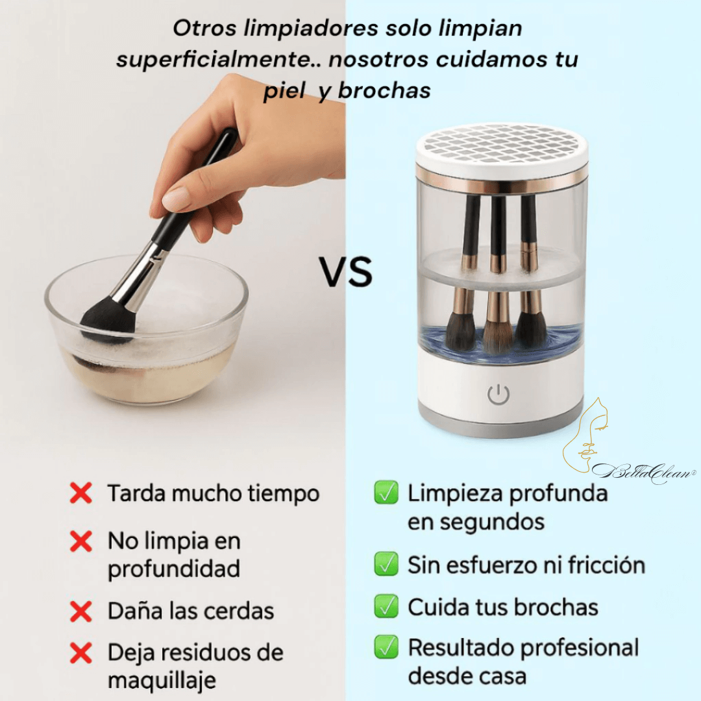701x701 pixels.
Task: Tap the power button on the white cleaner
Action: pyautogui.click(x=498, y=395)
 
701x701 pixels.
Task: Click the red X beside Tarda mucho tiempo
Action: pyautogui.click(x=81, y=493)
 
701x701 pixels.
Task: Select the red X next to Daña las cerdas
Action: pyautogui.click(x=81, y=611)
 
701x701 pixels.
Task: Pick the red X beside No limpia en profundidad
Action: pyautogui.click(x=81, y=541)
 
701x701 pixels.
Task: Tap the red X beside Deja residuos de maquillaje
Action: pyautogui.click(x=81, y=654)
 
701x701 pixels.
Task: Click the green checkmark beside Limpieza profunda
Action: pyautogui.click(x=386, y=494)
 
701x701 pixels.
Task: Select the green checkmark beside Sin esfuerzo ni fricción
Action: pyautogui.click(x=386, y=565)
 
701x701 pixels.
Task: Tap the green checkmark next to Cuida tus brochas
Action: pyautogui.click(x=386, y=607)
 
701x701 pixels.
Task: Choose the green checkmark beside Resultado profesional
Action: pyautogui.click(x=386, y=648)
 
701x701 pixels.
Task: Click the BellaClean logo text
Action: pyautogui.click(x=643, y=469)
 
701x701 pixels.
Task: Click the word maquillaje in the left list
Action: pyautogui.click(x=162, y=681)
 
